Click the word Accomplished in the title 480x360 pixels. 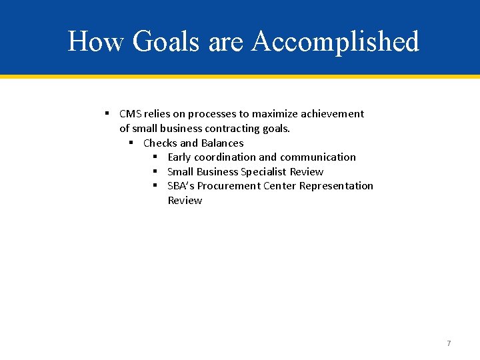335,41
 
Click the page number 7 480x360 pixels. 449,343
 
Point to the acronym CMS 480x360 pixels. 131,114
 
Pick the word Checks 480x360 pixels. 160,143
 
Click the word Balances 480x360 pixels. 223,143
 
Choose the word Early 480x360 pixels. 179,157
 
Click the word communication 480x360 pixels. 317,157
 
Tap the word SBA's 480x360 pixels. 181,186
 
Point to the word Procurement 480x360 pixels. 229,186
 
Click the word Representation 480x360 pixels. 336,186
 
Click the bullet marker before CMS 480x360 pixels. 107,114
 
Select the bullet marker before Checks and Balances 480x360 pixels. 131,143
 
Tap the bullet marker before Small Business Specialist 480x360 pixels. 155,171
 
